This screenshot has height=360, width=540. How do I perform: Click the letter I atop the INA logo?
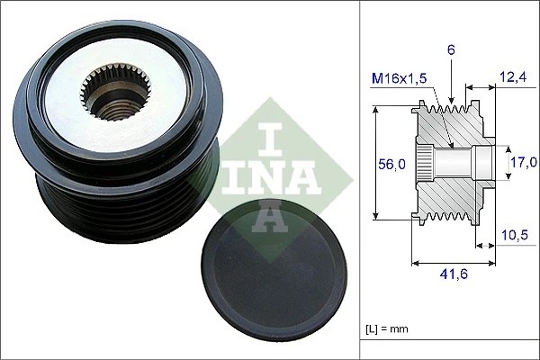coord(270,136)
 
